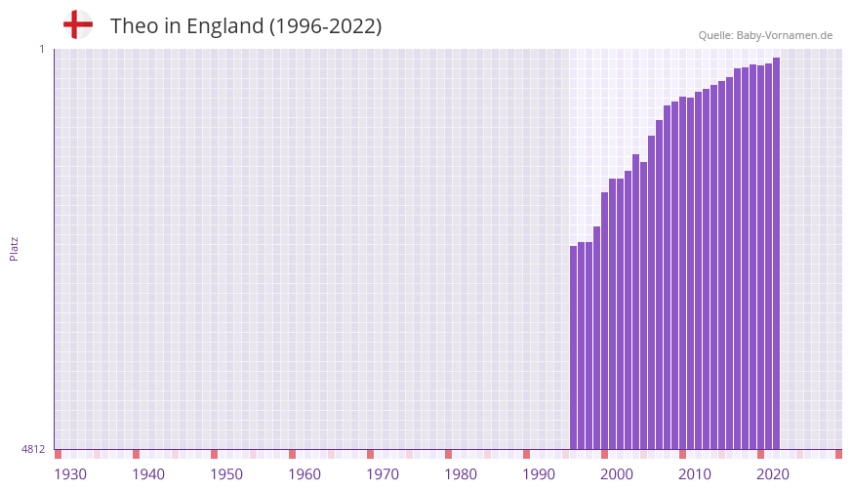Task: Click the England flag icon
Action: pos(78,24)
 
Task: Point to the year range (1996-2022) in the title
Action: pos(326,26)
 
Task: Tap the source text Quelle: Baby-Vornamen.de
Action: pos(765,35)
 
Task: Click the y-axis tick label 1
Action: pos(42,49)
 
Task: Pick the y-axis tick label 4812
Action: pos(33,449)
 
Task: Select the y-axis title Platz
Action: pos(14,248)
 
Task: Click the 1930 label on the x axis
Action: pos(70,474)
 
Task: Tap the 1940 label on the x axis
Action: pos(148,474)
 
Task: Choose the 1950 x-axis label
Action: pos(226,474)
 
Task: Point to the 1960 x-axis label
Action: pos(304,474)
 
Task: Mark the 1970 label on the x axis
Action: pos(383,474)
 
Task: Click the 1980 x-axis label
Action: pos(461,474)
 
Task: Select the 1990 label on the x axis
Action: pos(539,474)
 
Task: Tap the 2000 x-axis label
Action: pos(617,474)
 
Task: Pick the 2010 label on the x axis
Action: pos(695,474)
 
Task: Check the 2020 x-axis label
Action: pos(773,474)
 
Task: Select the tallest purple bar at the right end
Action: pos(776,254)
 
